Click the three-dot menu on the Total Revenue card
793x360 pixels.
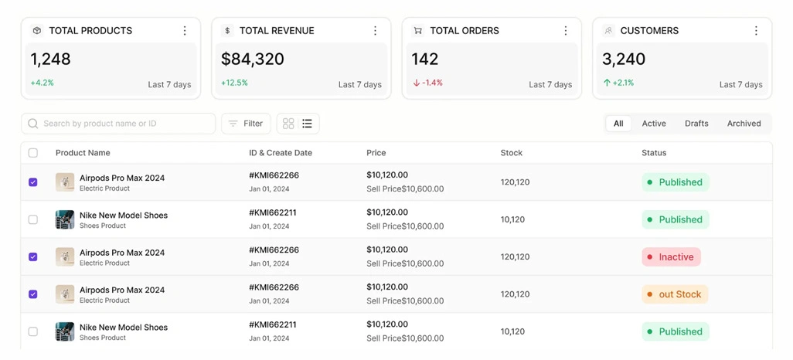(x=376, y=31)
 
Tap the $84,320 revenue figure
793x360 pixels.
(x=253, y=59)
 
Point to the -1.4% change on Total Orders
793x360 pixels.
(x=428, y=83)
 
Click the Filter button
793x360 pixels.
(x=246, y=124)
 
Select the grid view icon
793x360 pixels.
(x=288, y=124)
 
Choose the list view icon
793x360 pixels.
(x=307, y=124)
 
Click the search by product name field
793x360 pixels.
(x=118, y=124)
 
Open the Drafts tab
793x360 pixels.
(x=696, y=124)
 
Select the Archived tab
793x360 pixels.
(x=744, y=124)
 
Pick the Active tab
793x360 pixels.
(x=654, y=124)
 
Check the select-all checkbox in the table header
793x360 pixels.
(x=33, y=153)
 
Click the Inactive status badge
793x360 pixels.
(x=671, y=256)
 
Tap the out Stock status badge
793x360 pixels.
(x=676, y=294)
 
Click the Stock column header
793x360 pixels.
(x=512, y=153)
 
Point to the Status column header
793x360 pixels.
(x=654, y=153)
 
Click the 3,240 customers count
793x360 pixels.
(x=624, y=59)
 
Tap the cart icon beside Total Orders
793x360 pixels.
(x=417, y=31)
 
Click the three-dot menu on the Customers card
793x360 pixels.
(x=756, y=31)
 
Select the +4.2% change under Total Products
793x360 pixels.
(x=42, y=83)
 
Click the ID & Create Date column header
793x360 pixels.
(x=281, y=153)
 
